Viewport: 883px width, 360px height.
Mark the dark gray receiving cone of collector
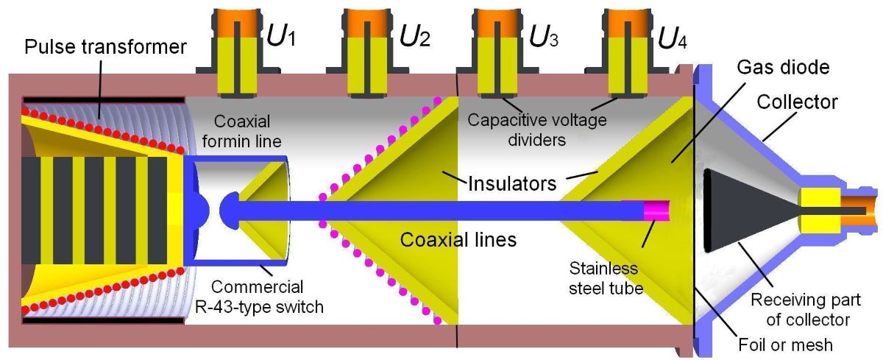tap(743, 209)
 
